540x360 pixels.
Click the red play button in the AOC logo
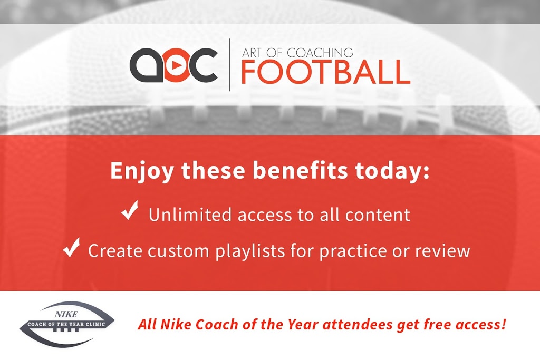[176, 65]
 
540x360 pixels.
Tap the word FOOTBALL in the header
[325, 72]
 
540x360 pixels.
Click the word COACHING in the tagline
[320, 53]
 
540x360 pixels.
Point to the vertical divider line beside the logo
[230, 65]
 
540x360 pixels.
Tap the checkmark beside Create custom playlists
[71, 247]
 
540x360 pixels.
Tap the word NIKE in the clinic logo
[66, 314]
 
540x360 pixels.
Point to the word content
[378, 215]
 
